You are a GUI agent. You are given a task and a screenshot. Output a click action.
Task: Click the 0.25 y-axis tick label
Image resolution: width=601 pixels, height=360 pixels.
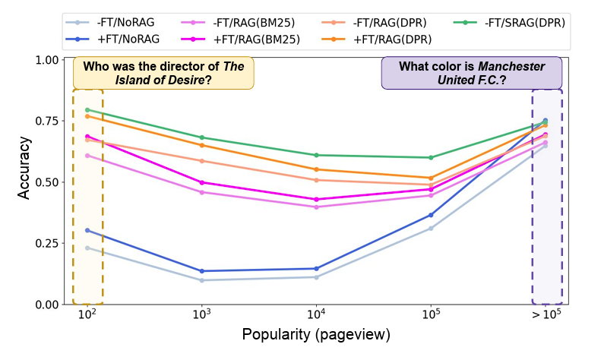click(46, 244)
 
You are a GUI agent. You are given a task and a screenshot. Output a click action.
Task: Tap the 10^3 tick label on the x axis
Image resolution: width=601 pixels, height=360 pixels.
click(201, 315)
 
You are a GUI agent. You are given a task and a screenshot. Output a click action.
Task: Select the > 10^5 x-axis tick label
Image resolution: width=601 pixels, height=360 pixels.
click(545, 315)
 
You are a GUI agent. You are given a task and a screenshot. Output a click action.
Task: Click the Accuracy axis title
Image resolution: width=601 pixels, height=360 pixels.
click(24, 168)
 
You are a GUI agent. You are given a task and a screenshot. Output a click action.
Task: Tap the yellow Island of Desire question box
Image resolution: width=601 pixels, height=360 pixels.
click(163, 73)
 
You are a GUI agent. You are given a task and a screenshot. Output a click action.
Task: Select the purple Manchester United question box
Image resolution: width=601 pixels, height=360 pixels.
click(471, 73)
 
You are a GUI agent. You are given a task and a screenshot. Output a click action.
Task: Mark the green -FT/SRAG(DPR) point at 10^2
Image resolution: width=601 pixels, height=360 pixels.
click(87, 110)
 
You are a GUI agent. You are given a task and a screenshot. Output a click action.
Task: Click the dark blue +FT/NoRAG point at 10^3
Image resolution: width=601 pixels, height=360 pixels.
click(201, 271)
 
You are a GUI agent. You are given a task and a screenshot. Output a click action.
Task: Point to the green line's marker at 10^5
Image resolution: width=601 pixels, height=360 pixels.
click(431, 157)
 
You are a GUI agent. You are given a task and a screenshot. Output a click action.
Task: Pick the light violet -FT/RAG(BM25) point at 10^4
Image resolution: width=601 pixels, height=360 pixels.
click(316, 207)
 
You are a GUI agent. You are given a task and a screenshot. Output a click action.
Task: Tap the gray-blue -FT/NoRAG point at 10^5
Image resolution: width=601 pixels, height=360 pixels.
click(431, 229)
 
